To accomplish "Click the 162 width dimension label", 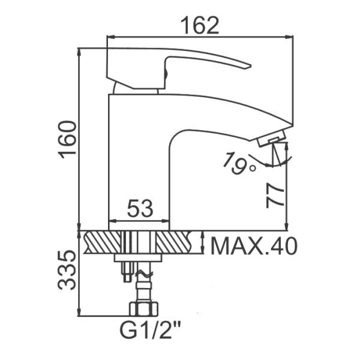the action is pyautogui.click(x=200, y=26).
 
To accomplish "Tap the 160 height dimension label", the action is pyautogui.click(x=67, y=140).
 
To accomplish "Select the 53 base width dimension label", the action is pyautogui.click(x=140, y=208).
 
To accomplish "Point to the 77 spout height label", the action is pyautogui.click(x=275, y=196).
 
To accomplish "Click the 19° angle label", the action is pyautogui.click(x=239, y=163).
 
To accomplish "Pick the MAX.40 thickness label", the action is pyautogui.click(x=254, y=247).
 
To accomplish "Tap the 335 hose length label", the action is pyautogui.click(x=67, y=270).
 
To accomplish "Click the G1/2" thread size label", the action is pyautogui.click(x=150, y=330).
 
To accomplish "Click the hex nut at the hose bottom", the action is pyautogui.click(x=144, y=309).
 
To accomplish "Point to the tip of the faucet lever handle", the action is pyautogui.click(x=250, y=66).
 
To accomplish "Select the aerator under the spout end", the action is pyautogui.click(x=272, y=139).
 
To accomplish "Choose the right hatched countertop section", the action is pyautogui.click(x=174, y=242).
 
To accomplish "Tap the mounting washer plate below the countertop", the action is pyautogui.click(x=138, y=257).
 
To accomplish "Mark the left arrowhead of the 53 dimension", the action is pyautogui.click(x=113, y=221).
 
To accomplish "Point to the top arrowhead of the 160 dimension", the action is pyautogui.click(x=79, y=53).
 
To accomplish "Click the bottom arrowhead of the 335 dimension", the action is pyautogui.click(x=79, y=312).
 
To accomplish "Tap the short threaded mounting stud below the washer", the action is pyautogui.click(x=127, y=271).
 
